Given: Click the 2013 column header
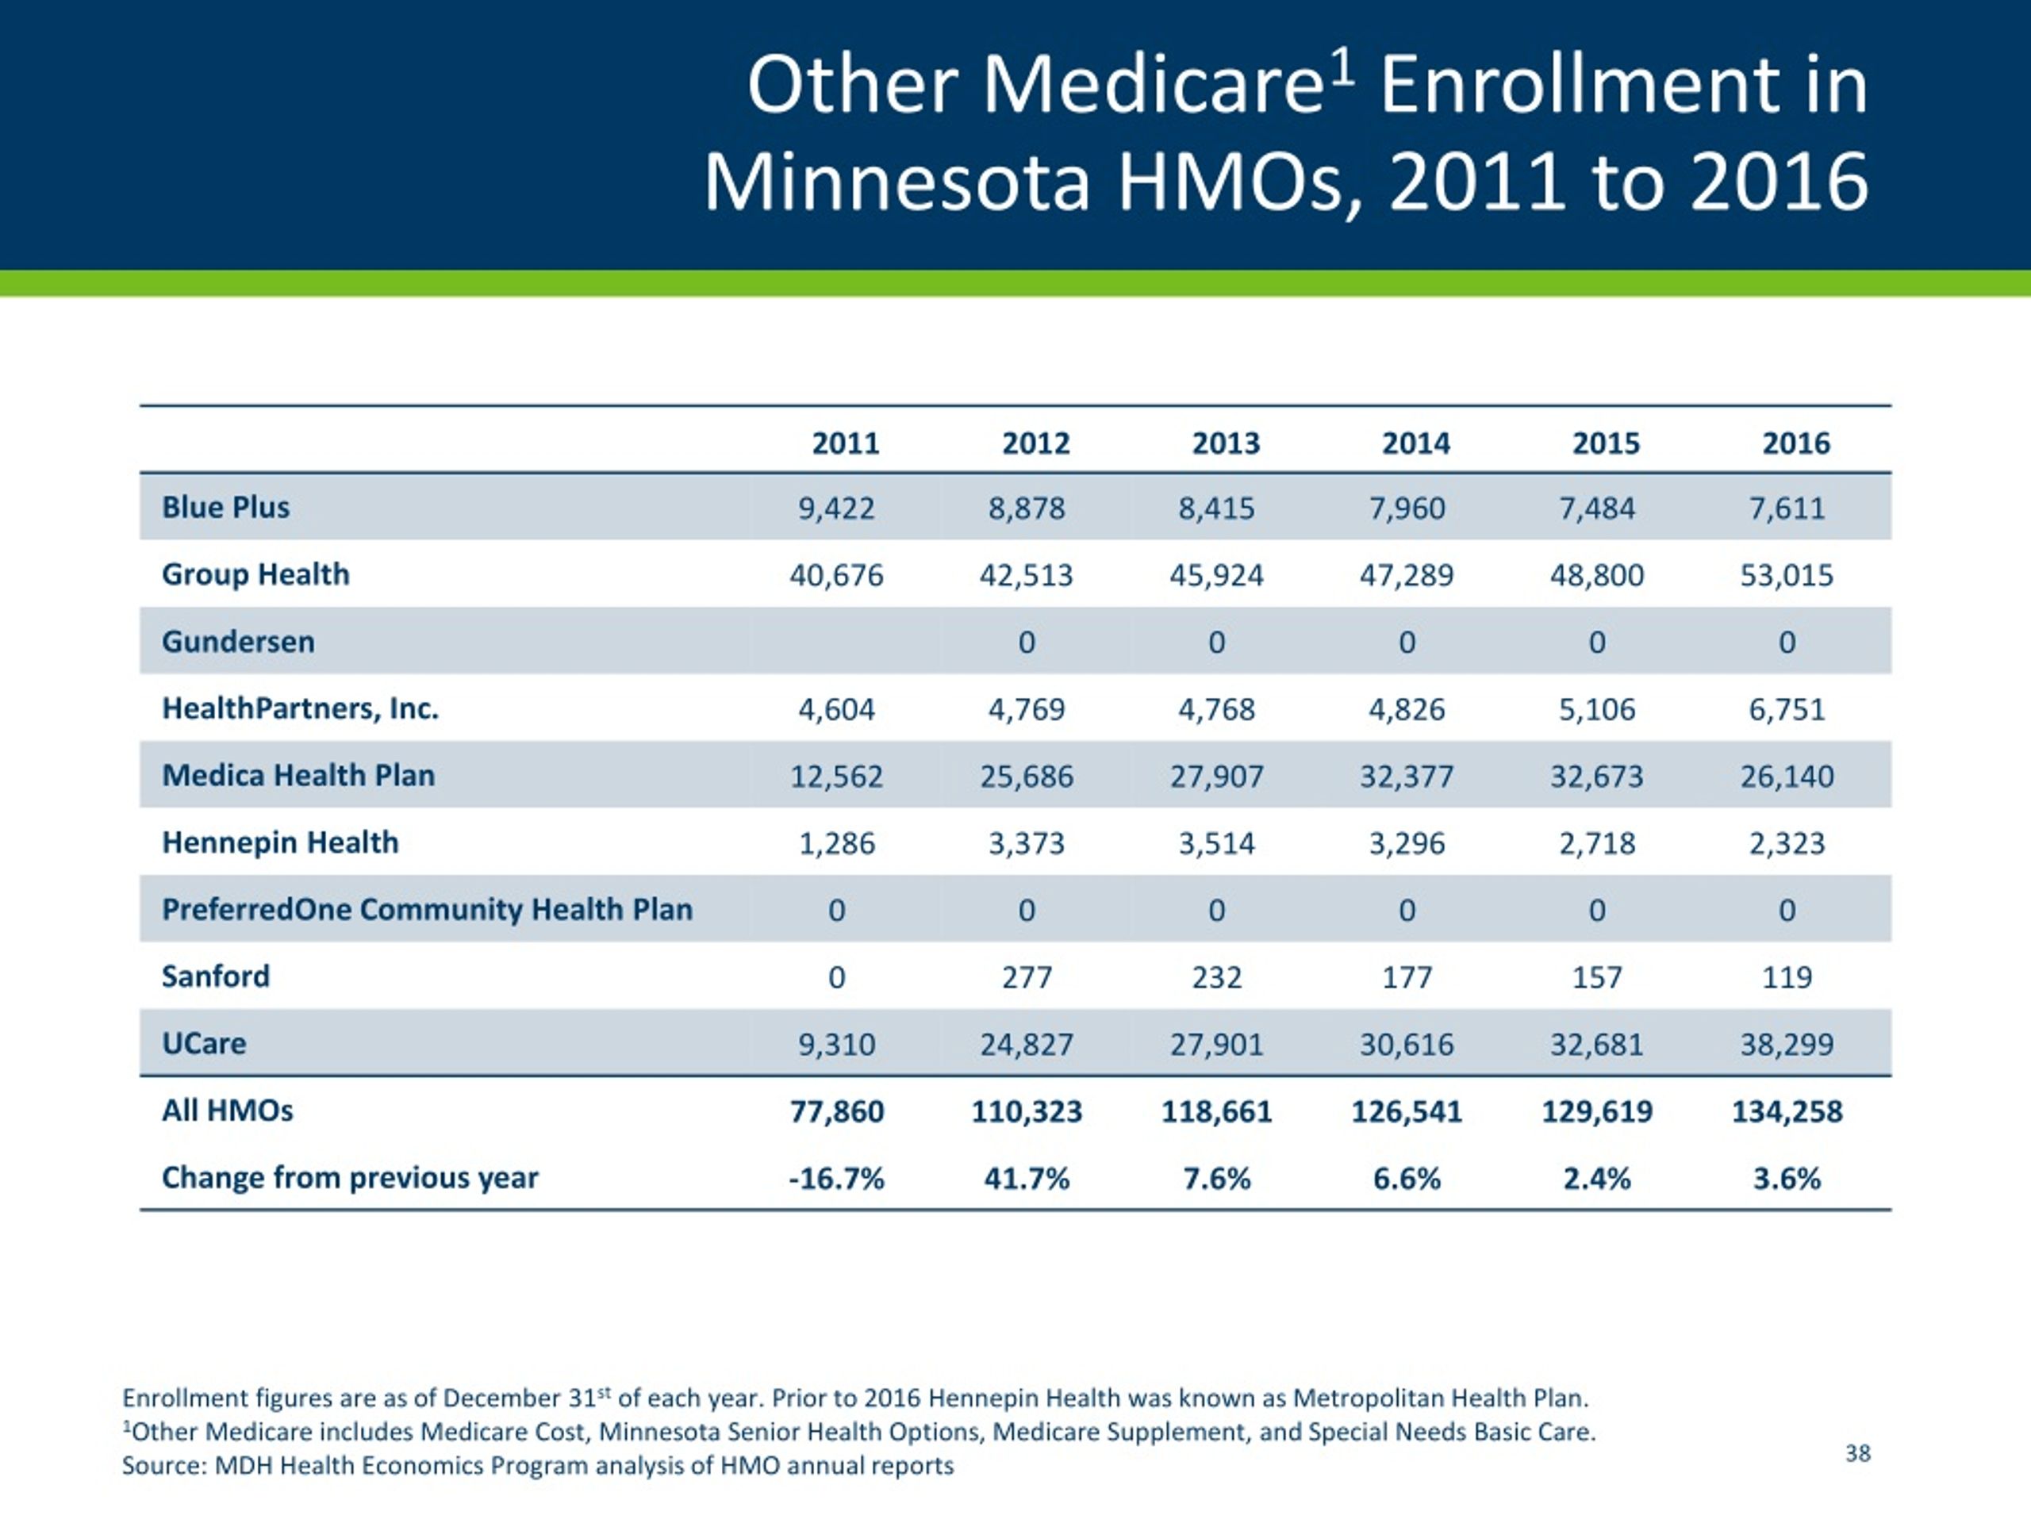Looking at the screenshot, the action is point(1226,443).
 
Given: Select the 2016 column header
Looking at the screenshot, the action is point(1796,443).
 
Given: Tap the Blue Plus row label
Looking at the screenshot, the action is point(226,507).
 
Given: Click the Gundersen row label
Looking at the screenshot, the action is point(238,641).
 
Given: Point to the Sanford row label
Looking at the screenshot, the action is point(216,976).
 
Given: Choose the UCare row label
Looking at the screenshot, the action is point(204,1043).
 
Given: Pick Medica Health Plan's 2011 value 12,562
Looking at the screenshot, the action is point(836,777).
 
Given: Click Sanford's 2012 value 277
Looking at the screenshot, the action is point(1027,976).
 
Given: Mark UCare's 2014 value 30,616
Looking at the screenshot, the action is point(1407,1045).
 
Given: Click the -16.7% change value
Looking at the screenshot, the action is point(836,1178).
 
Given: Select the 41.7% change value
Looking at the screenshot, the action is point(1027,1178).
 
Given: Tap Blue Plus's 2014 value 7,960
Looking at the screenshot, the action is point(1407,508).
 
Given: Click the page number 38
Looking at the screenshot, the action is point(1857,1453).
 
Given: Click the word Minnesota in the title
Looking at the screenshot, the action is point(897,181).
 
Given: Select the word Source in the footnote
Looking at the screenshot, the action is point(163,1465).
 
